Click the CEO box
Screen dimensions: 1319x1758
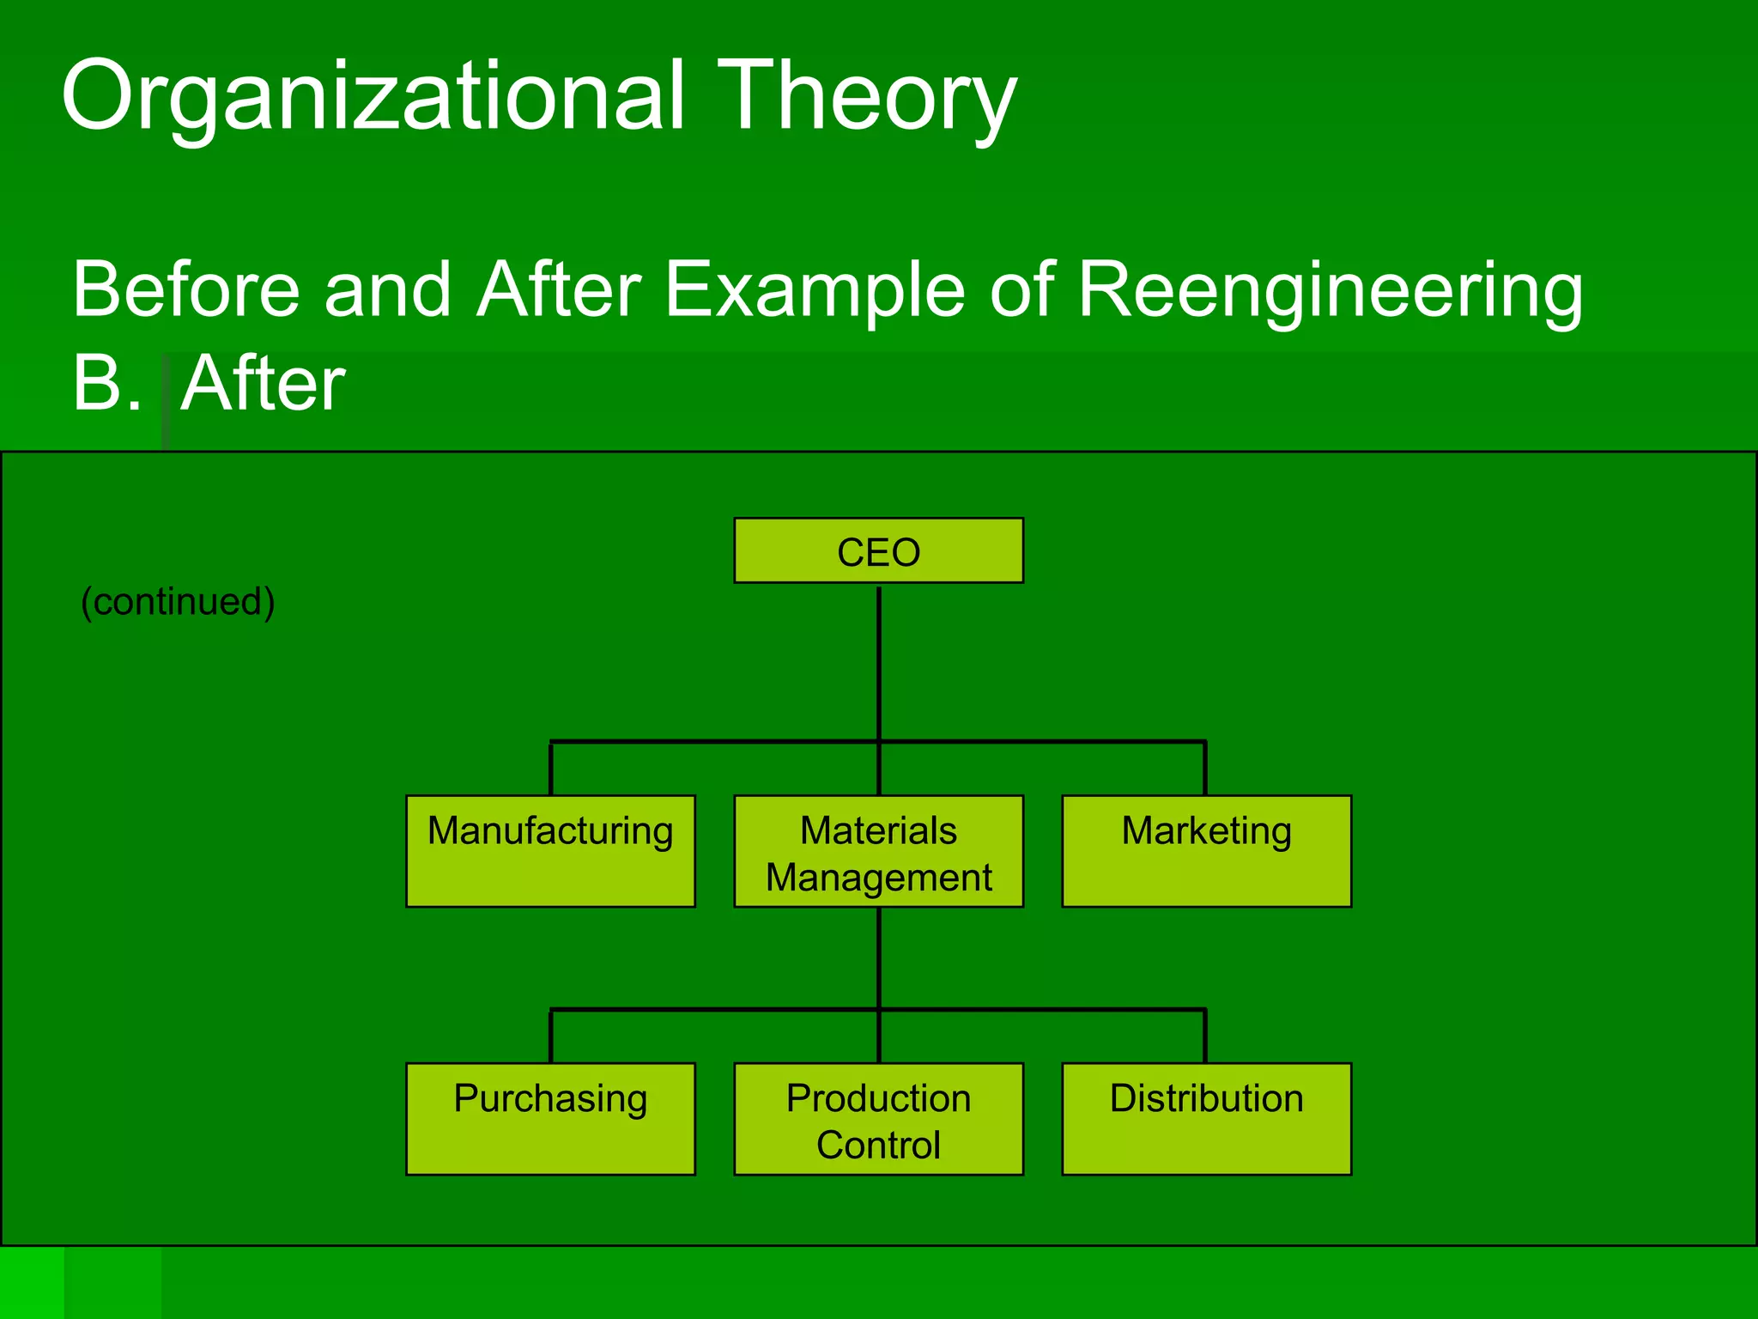[878, 550]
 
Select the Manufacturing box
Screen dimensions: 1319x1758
[550, 850]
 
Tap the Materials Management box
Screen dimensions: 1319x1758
[878, 850]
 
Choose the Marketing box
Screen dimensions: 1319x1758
[1206, 850]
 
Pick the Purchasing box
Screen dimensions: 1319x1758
[550, 1118]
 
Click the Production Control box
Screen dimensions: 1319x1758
[878, 1118]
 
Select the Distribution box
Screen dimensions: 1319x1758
[1206, 1118]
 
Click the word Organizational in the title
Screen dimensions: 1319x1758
[373, 96]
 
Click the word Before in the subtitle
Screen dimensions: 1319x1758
[185, 290]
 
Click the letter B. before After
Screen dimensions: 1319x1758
[106, 383]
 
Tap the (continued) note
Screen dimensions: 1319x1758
[178, 601]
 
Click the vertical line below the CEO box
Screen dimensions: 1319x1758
[879, 661]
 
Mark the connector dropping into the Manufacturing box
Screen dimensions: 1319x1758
[550, 769]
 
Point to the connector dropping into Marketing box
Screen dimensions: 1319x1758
[1205, 769]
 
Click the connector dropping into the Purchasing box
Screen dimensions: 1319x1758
[550, 1036]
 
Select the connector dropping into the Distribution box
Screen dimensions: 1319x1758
[1205, 1036]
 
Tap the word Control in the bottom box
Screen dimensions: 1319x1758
[878, 1146]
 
